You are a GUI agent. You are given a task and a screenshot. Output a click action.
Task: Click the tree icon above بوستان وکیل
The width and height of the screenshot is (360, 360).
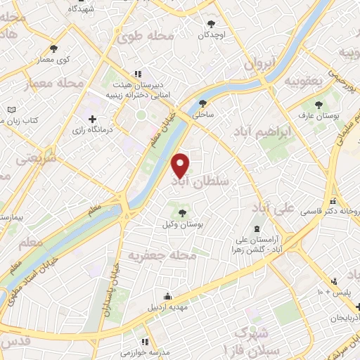[x=183, y=212]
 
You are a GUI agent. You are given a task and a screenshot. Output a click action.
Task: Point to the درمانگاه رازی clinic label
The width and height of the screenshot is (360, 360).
[x=97, y=131]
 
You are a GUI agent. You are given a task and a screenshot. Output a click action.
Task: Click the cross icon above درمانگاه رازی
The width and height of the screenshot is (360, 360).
[x=93, y=120]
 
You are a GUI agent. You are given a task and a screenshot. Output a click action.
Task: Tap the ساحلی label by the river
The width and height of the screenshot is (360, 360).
[x=202, y=112]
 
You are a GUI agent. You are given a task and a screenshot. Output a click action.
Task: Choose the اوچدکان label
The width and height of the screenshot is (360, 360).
[x=211, y=34]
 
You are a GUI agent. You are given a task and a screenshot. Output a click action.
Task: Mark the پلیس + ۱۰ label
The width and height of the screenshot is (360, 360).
[x=336, y=290]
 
